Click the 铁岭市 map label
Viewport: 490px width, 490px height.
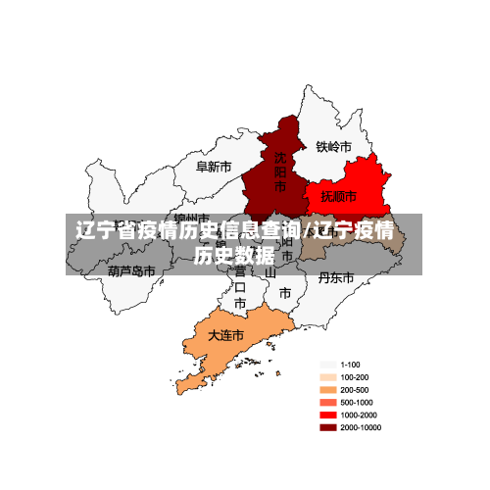[x=333, y=147]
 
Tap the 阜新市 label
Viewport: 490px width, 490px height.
[x=214, y=167]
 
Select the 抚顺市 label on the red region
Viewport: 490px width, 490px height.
[x=339, y=197]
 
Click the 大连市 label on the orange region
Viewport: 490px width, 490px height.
[x=224, y=335]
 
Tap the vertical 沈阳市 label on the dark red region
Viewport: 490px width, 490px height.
[x=280, y=171]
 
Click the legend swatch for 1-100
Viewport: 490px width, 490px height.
[x=327, y=365]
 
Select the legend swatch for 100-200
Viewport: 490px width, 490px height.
[x=327, y=377]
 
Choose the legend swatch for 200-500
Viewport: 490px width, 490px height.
[x=327, y=390]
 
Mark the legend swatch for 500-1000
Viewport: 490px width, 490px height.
[x=327, y=403]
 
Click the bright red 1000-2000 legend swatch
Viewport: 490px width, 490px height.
[x=327, y=416]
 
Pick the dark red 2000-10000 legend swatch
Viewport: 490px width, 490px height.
[x=327, y=428]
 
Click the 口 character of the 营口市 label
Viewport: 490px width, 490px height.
[x=240, y=287]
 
